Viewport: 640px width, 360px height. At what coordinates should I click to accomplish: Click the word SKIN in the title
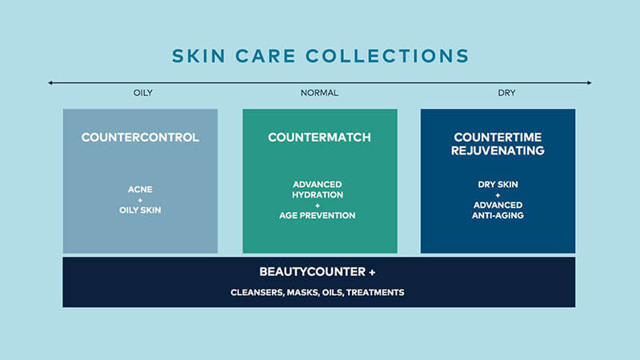pos(198,56)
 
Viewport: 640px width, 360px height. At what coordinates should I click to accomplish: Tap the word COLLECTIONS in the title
pos(387,56)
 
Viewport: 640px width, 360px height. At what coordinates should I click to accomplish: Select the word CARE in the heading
pos(266,56)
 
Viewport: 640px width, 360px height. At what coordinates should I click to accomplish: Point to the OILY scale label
pos(143,93)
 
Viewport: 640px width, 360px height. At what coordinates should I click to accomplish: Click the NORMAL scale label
pos(319,93)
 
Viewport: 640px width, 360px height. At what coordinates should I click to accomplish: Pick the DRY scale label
pos(506,93)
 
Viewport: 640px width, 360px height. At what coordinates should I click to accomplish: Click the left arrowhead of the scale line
pos(50,82)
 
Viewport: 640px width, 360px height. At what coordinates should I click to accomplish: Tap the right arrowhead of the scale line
pos(590,82)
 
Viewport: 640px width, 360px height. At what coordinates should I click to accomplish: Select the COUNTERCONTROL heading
pos(140,137)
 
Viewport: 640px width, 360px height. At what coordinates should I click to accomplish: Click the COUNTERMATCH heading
pos(319,137)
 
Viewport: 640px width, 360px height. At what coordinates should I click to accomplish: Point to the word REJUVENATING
pos(498,150)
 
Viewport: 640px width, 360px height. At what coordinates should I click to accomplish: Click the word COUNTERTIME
pos(498,137)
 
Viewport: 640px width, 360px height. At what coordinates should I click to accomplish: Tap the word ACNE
pos(140,190)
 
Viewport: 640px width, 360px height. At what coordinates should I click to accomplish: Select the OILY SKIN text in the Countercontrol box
pos(140,210)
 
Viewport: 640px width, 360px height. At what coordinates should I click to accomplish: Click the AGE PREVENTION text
pos(317,215)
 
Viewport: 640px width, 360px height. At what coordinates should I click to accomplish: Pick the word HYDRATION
pos(317,194)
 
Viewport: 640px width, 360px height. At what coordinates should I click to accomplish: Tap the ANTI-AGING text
pos(498,215)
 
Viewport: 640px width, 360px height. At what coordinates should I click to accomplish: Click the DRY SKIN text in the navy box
pos(498,185)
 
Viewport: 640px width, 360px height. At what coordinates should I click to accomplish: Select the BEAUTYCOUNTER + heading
pos(317,272)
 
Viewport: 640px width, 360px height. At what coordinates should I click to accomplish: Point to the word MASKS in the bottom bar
pos(302,293)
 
